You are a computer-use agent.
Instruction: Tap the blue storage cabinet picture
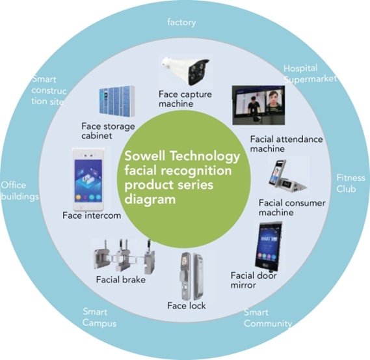pyautogui.click(x=116, y=101)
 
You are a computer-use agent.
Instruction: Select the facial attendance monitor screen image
pyautogui.click(x=258, y=105)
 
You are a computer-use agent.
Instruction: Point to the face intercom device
pyautogui.click(x=88, y=179)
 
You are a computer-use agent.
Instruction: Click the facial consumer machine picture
pyautogui.click(x=287, y=176)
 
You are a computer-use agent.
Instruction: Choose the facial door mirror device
pyautogui.click(x=269, y=246)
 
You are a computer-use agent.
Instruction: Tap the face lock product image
pyautogui.click(x=192, y=276)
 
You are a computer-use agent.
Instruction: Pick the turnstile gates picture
pyautogui.click(x=124, y=256)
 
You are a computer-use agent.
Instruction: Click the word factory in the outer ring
pyautogui.click(x=181, y=22)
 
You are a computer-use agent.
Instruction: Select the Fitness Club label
pyautogui.click(x=350, y=184)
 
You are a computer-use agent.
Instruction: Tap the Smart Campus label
pyautogui.click(x=99, y=318)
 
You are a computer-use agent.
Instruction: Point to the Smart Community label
pyautogui.click(x=268, y=318)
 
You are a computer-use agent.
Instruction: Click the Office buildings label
pyautogui.click(x=20, y=191)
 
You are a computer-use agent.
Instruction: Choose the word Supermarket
pyautogui.click(x=310, y=79)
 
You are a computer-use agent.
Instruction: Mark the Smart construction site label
pyautogui.click(x=49, y=90)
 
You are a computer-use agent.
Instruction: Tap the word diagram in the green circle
pyautogui.click(x=150, y=200)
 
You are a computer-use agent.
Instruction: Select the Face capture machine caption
pyautogui.click(x=185, y=99)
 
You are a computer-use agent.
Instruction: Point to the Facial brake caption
pyautogui.click(x=121, y=280)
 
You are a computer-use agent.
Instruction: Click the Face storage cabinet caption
pyautogui.click(x=108, y=131)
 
